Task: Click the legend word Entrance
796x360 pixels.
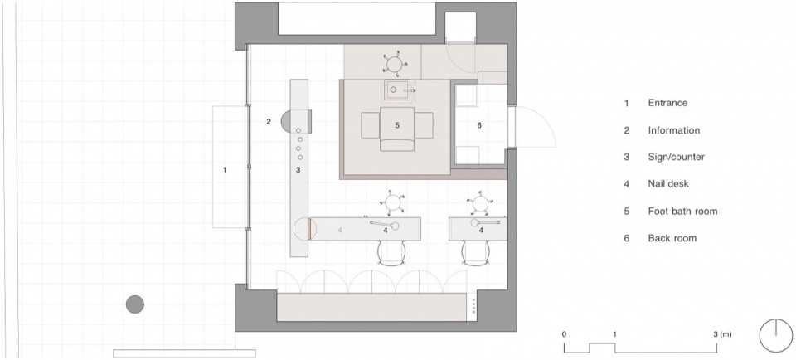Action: click(667, 103)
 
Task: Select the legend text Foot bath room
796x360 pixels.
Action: click(682, 211)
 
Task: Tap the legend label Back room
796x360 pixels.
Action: click(672, 237)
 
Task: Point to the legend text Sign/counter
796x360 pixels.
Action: click(677, 157)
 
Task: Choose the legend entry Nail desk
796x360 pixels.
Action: click(668, 184)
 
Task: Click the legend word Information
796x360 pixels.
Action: click(673, 130)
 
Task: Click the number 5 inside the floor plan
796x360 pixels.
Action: click(397, 125)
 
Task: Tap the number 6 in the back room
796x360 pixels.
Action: click(478, 125)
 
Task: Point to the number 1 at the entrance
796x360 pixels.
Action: click(225, 169)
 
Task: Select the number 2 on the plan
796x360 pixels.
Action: click(269, 121)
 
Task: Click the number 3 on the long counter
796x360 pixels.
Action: click(298, 169)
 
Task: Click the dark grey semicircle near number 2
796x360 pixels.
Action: click(286, 122)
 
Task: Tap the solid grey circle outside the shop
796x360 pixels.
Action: click(135, 304)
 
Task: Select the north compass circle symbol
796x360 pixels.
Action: click(776, 335)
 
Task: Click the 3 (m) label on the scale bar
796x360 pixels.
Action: click(723, 334)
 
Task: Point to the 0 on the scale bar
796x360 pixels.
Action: click(565, 334)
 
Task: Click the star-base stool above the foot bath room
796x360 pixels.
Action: click(395, 63)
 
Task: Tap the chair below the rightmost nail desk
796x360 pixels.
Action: click(476, 252)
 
